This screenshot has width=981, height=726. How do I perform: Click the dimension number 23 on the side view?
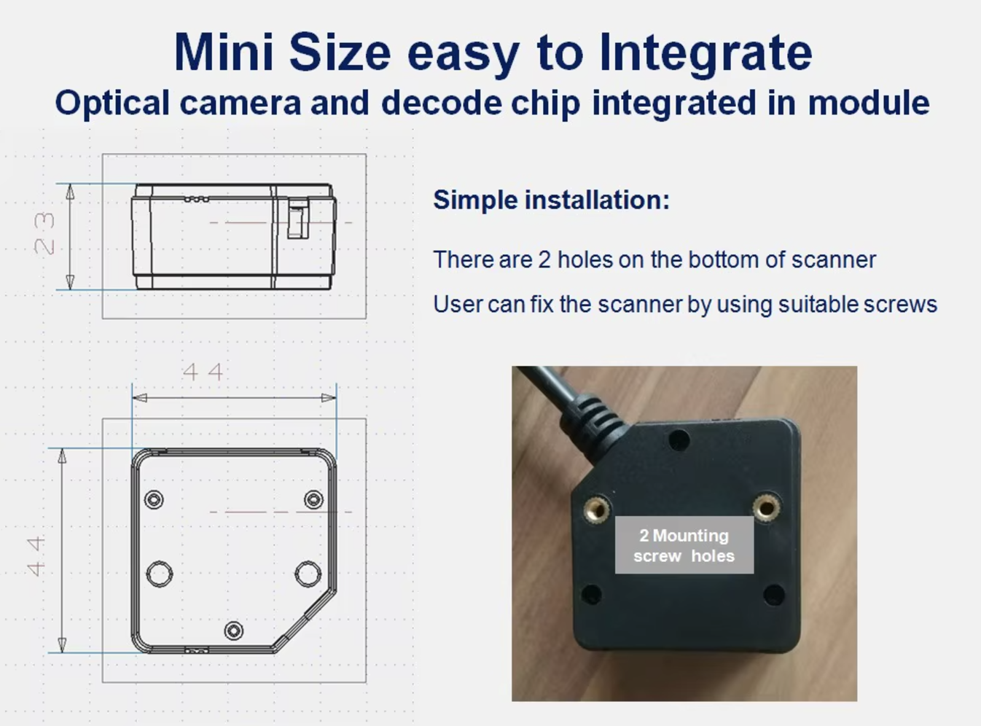44,233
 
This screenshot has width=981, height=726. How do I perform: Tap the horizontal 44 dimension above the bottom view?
203,372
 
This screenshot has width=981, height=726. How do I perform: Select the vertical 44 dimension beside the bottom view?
36,556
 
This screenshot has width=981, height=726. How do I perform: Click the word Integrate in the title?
706,52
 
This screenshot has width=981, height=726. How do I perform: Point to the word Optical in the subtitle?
112,103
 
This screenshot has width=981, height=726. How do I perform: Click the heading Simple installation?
551,200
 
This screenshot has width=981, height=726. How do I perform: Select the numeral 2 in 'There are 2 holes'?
544,259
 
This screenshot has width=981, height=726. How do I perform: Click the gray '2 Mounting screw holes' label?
684,545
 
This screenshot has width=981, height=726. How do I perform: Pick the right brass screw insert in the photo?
766,507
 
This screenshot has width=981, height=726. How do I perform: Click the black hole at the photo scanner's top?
679,440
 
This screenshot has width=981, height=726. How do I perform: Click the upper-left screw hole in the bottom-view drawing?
154,500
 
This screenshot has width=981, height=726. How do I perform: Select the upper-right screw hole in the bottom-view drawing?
313,500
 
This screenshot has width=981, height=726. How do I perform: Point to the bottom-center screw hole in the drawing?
233,631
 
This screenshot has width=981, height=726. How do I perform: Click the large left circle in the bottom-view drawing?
159,574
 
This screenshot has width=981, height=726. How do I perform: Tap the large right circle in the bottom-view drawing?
308,574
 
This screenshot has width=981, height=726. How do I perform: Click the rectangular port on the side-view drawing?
298,219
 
